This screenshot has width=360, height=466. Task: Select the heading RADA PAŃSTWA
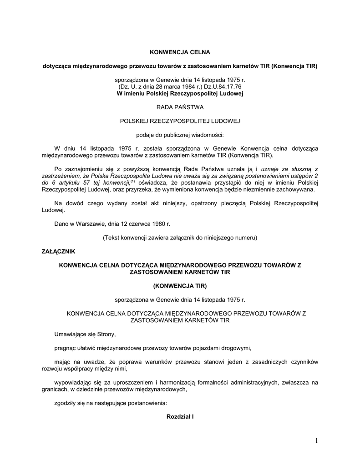180,107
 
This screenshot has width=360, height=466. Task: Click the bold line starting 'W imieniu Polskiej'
180,93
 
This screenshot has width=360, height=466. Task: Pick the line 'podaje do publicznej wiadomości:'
180,135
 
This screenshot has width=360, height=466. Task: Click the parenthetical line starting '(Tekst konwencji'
180,238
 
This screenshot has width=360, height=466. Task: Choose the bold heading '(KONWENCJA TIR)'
180,286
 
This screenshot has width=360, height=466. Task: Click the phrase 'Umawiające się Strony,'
85,334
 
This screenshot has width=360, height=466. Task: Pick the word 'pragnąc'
64,348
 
